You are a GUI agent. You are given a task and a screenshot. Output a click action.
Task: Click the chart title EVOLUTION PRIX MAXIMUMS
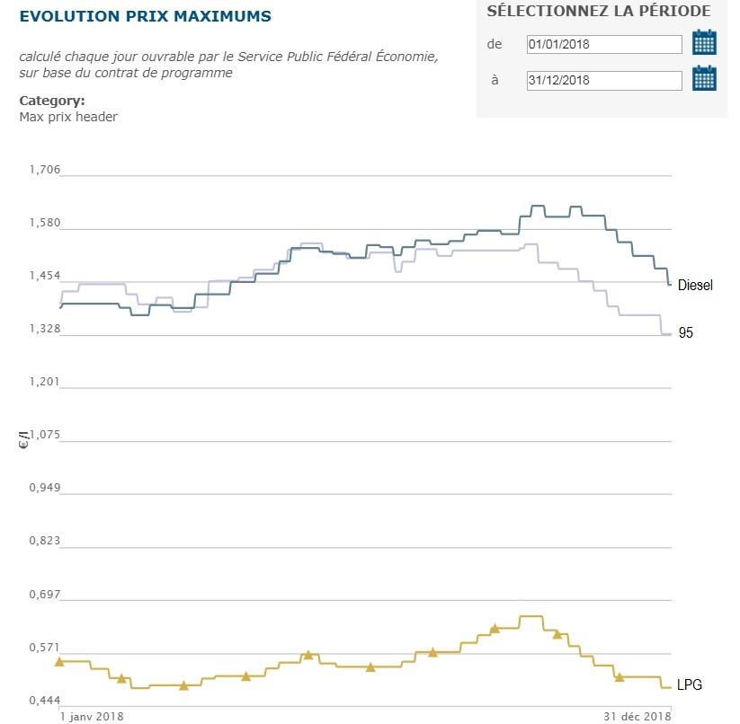pyautogui.click(x=145, y=17)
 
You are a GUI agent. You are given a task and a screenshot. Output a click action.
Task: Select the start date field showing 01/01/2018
pyautogui.click(x=604, y=44)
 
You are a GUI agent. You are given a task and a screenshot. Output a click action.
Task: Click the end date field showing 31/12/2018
pyautogui.click(x=604, y=80)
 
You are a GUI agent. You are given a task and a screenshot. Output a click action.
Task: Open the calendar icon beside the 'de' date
pyautogui.click(x=704, y=42)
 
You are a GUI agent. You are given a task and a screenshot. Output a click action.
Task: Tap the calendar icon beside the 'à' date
pyautogui.click(x=704, y=78)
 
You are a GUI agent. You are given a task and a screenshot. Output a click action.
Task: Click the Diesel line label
pyautogui.click(x=695, y=286)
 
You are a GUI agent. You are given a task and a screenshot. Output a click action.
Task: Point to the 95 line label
pyautogui.click(x=686, y=333)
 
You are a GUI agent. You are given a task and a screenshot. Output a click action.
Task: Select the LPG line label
pyautogui.click(x=690, y=685)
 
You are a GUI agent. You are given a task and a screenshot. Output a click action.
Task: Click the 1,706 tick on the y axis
pyautogui.click(x=44, y=170)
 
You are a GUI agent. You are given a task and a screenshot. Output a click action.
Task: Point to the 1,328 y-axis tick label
pyautogui.click(x=44, y=329)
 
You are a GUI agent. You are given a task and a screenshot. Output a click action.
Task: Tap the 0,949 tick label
pyautogui.click(x=44, y=488)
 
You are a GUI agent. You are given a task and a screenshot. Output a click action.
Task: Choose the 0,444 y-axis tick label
pyautogui.click(x=44, y=700)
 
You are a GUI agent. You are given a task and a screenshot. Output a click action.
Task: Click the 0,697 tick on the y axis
pyautogui.click(x=44, y=594)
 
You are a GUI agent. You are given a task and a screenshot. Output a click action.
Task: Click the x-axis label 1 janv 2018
pyautogui.click(x=91, y=716)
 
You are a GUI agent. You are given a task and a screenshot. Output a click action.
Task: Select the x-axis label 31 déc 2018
pyautogui.click(x=636, y=716)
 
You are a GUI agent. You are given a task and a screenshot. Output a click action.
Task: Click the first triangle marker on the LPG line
pyautogui.click(x=59, y=662)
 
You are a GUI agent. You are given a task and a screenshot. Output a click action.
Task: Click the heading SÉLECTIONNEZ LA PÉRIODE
pyautogui.click(x=598, y=12)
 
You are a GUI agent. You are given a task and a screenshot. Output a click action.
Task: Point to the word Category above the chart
pyautogui.click(x=51, y=101)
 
